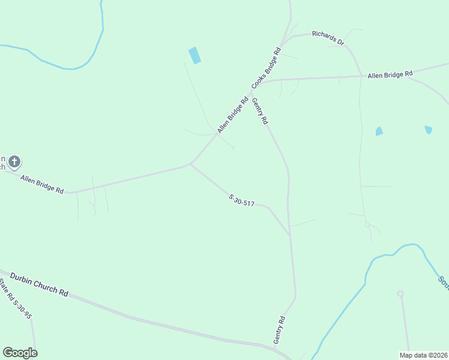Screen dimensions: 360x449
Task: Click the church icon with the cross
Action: [x=14, y=162]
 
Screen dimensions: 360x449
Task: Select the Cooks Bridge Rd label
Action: [x=267, y=63]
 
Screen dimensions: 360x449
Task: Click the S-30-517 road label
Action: [x=242, y=200]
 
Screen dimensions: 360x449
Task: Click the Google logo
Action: [x=20, y=353]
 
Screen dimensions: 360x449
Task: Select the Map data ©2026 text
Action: [x=423, y=355]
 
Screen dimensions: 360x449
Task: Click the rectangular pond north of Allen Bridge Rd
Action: [x=194, y=55]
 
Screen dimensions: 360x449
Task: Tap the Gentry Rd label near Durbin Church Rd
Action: [x=280, y=329]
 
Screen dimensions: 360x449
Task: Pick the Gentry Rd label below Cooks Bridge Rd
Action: [x=260, y=111]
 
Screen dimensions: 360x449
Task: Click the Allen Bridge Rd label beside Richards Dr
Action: [x=391, y=74]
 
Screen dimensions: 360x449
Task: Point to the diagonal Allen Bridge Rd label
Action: [x=233, y=115]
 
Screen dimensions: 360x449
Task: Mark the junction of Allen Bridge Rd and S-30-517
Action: [x=190, y=164]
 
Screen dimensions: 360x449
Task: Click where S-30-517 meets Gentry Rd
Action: [x=290, y=234]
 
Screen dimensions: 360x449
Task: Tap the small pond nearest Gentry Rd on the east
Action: [x=379, y=131]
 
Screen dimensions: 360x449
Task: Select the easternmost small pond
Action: [x=428, y=130]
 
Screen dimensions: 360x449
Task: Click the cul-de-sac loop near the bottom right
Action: [x=400, y=293]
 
